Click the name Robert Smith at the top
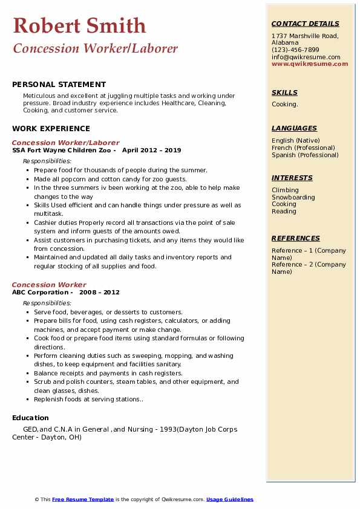(x=79, y=25)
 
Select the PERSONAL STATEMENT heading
(x=59, y=85)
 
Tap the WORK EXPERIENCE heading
(x=51, y=128)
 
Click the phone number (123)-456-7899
(x=295, y=50)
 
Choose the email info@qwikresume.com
(x=306, y=57)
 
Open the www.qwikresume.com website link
(x=310, y=63)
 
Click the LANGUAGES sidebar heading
(x=294, y=128)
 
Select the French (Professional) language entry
(x=303, y=148)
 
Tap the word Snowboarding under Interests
(x=293, y=197)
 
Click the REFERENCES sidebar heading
(x=296, y=238)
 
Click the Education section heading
(x=30, y=418)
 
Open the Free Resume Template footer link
(x=83, y=499)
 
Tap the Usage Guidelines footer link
(x=230, y=499)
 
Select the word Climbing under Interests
(x=285, y=190)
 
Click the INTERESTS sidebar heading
(x=292, y=178)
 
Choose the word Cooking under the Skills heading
(x=284, y=105)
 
